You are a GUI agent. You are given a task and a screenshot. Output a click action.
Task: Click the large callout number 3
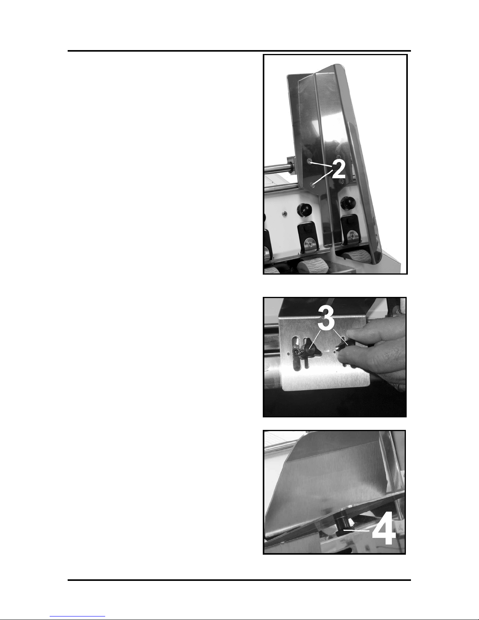(x=326, y=317)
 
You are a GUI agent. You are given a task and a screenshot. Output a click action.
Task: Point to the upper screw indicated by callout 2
(x=310, y=162)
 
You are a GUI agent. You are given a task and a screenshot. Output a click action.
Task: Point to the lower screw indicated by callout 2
(x=313, y=185)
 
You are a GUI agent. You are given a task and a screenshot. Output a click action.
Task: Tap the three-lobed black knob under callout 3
(x=311, y=353)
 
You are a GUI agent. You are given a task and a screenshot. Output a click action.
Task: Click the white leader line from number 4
(x=356, y=531)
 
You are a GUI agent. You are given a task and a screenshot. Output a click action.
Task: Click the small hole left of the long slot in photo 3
(x=289, y=354)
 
